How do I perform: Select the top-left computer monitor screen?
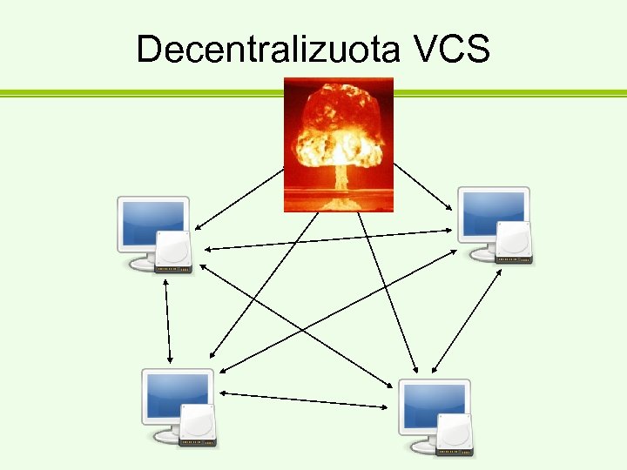pyautogui.click(x=152, y=222)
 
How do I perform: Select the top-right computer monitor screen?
pyautogui.click(x=493, y=212)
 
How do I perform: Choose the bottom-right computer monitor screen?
pyautogui.click(x=434, y=405)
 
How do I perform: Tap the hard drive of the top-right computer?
pyautogui.click(x=514, y=243)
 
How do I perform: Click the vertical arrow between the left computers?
pyautogui.click(x=167, y=322)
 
